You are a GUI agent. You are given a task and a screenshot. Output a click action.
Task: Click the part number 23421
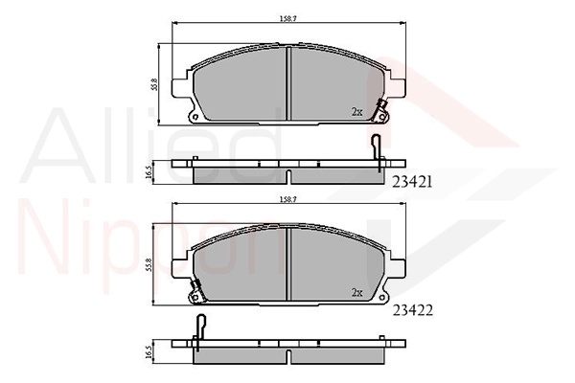pos(412,182)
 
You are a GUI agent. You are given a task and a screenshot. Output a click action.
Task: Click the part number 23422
pos(413,311)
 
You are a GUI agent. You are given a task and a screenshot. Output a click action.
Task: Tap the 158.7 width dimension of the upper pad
pos(287,19)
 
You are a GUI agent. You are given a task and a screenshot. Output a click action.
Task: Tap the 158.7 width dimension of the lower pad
pos(287,200)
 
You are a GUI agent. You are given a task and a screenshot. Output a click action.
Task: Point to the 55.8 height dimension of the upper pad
pos(154,84)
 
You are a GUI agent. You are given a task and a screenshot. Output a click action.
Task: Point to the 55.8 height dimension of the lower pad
pos(149,264)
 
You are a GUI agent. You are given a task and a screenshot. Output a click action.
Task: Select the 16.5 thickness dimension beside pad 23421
pos(149,172)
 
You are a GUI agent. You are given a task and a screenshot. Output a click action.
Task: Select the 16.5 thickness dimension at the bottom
pos(149,352)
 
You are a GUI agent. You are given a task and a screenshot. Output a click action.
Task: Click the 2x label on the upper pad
pos(356,112)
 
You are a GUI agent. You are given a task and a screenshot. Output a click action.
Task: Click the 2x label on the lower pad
pos(356,292)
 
